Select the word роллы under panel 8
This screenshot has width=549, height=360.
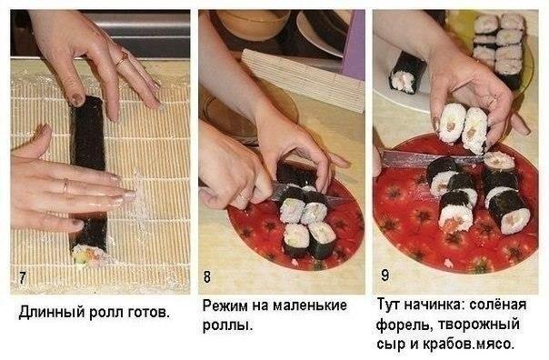225,325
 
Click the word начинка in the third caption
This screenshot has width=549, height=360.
440,306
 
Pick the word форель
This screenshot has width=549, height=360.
404,325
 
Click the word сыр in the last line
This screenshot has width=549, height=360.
390,344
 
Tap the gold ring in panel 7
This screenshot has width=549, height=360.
123,58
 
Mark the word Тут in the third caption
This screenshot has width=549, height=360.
390,306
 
